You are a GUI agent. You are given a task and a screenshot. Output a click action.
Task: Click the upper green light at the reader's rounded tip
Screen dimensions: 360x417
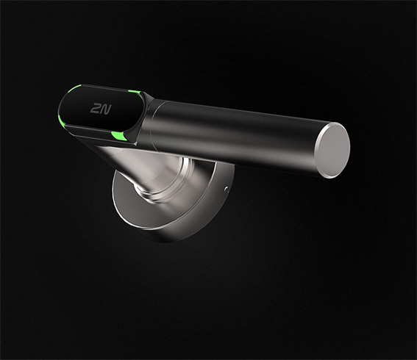(70, 92)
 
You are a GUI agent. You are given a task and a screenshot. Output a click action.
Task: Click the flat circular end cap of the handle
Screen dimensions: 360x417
(335, 151)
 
